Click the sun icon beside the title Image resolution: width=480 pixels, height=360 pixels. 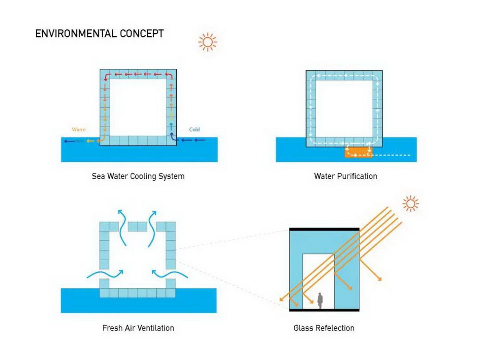click(x=207, y=42)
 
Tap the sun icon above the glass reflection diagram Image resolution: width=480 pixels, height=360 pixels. click(x=411, y=203)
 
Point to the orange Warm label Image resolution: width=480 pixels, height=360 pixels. click(x=79, y=130)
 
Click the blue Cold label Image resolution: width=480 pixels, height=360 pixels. click(x=194, y=130)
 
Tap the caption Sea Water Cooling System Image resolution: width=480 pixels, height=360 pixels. click(x=138, y=176)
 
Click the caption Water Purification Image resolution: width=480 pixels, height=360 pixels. click(x=345, y=176)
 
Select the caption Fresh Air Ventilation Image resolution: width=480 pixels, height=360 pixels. click(x=138, y=328)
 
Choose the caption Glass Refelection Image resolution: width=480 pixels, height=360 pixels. click(x=324, y=328)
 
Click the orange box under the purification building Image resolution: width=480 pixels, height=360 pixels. click(x=358, y=152)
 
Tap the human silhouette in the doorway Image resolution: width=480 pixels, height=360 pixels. click(x=320, y=300)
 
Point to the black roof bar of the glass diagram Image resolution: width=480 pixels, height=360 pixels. click(x=324, y=229)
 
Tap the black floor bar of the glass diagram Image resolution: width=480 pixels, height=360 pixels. click(x=324, y=310)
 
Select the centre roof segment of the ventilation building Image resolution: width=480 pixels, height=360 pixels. click(x=137, y=227)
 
